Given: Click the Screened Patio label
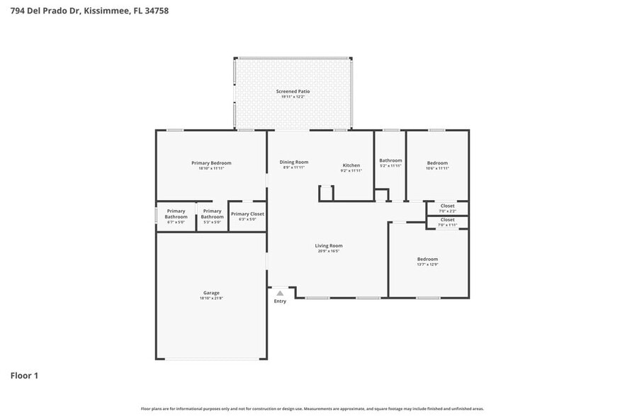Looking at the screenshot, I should (x=293, y=91).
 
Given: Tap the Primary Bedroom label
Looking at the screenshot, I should (x=211, y=163).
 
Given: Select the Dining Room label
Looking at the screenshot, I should (x=294, y=162).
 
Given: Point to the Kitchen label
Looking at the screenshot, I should (x=351, y=165).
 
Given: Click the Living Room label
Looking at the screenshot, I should (x=329, y=246).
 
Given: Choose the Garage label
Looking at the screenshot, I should (x=211, y=293).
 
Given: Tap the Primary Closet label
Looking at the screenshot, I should (x=247, y=213).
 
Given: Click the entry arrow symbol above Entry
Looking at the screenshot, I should (x=280, y=292).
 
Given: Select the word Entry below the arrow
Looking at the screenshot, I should (x=280, y=301).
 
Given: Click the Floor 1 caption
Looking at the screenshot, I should (x=24, y=375).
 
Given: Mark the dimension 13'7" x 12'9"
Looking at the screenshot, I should (x=427, y=265).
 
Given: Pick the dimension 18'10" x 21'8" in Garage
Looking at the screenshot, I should (x=211, y=299).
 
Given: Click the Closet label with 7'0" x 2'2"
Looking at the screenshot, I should (x=448, y=206).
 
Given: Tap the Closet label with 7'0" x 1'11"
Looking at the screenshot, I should (x=448, y=220).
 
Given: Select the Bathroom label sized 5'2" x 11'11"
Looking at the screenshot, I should (x=390, y=160).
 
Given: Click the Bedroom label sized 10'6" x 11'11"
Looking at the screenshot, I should (x=437, y=163).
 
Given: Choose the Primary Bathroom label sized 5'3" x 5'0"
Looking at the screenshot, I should (x=212, y=213).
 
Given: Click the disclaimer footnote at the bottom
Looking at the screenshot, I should (x=312, y=408).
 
